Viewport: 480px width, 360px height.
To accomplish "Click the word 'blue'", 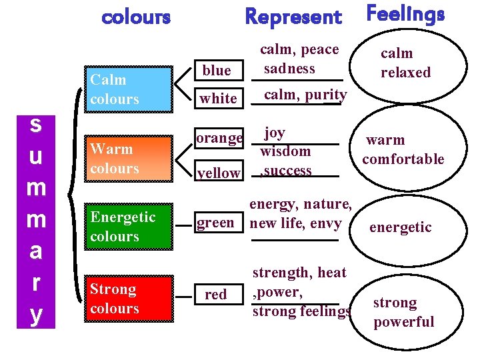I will pyautogui.click(x=217, y=71).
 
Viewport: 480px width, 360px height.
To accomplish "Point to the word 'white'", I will pyautogui.click(x=219, y=99).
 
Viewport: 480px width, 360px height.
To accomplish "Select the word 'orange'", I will pyautogui.click(x=219, y=138).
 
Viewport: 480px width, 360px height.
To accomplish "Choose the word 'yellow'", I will pyautogui.click(x=219, y=173).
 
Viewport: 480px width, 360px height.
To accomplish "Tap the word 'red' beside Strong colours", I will pyautogui.click(x=216, y=294).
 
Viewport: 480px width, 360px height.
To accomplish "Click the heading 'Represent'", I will pyautogui.click(x=293, y=17).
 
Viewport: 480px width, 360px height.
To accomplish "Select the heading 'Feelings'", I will pyautogui.click(x=405, y=15).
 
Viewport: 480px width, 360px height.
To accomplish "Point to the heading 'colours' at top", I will pyautogui.click(x=136, y=16).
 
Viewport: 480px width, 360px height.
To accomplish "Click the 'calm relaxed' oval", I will pyautogui.click(x=405, y=63).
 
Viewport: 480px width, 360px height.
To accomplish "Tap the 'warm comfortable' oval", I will pyautogui.click(x=403, y=149).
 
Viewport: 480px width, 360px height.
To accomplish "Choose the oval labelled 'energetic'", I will pyautogui.click(x=400, y=227).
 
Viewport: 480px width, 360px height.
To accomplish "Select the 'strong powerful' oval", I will pyautogui.click(x=403, y=312).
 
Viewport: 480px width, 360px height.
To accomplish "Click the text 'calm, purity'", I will pyautogui.click(x=305, y=95).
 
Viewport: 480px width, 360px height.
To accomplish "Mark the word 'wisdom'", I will pyautogui.click(x=285, y=151).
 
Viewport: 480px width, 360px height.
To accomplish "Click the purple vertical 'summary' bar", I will pyautogui.click(x=36, y=220).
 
